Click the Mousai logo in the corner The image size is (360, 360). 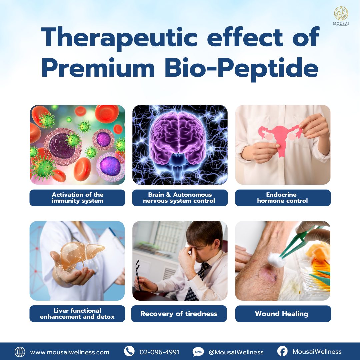click(341, 16)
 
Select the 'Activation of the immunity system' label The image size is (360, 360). click(77, 198)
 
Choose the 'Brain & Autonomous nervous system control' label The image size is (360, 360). click(180, 198)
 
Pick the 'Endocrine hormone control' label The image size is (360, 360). click(283, 198)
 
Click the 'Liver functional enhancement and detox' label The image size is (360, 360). click(77, 314)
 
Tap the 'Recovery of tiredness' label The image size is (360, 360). click(179, 314)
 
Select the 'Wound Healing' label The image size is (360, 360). click(283, 314)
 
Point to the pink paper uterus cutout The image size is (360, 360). click(281, 138)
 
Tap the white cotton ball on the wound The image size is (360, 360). click(276, 260)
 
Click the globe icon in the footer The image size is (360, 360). click(20, 352)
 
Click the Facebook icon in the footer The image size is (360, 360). click(282, 351)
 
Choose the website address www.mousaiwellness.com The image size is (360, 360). click(70, 352)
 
